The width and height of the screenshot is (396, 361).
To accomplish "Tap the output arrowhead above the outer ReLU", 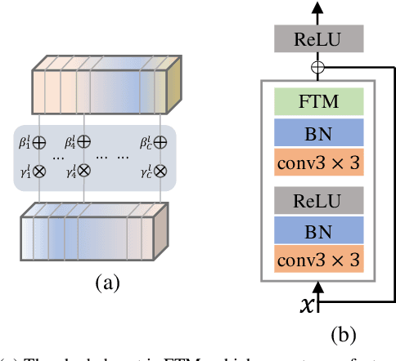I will pyautogui.click(x=316, y=7).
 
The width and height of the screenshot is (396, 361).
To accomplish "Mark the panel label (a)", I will pyautogui.click(x=107, y=283).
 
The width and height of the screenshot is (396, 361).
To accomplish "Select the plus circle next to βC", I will pyautogui.click(x=161, y=143).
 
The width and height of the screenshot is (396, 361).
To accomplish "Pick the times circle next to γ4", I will pyautogui.click(x=83, y=172).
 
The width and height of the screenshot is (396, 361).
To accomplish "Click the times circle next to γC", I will pyautogui.click(x=161, y=172).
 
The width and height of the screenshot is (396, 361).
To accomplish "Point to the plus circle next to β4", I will pyautogui.click(x=83, y=143).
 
